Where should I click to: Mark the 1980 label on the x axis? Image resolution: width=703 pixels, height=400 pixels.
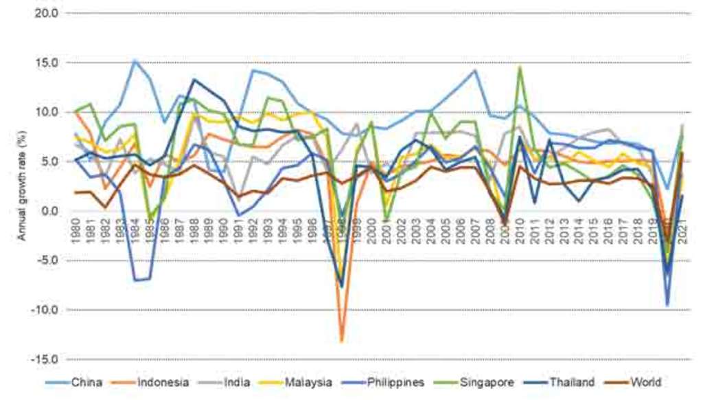point(77,227)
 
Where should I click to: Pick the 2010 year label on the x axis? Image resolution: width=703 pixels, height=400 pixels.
point(520,227)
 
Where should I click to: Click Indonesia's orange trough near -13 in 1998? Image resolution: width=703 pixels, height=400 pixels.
point(341,340)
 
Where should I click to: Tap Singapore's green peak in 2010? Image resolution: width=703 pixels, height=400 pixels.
point(520,67)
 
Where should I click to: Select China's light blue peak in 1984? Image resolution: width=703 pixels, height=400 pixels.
point(135,60)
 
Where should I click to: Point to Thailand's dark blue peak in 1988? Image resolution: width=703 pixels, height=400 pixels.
point(194,80)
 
